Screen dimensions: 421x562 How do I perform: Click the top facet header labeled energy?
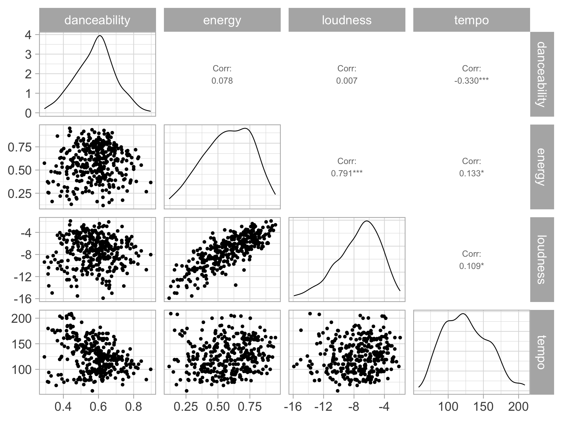click(222, 20)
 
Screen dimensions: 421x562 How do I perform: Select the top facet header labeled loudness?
click(347, 20)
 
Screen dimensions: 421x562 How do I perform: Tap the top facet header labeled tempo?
click(472, 20)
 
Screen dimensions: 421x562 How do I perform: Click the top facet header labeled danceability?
click(97, 20)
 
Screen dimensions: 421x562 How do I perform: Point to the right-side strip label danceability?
click(542, 74)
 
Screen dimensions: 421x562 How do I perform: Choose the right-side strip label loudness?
click(542, 259)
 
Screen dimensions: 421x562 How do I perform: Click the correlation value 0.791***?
click(347, 173)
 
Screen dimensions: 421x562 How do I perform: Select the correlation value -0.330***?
click(472, 81)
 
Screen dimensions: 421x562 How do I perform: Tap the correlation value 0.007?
click(347, 81)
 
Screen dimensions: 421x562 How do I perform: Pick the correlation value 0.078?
click(222, 81)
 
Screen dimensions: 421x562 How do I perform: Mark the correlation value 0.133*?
click(472, 173)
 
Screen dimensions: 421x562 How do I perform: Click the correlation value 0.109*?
click(472, 266)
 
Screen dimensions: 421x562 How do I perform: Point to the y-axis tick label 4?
click(28, 34)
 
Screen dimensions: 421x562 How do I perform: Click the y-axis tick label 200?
click(21, 318)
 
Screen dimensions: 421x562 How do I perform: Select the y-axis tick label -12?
click(23, 277)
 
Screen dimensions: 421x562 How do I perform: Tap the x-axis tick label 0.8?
click(133, 407)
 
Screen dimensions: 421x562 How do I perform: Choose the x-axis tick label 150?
click(483, 407)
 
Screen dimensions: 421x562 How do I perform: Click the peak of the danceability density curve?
click(100, 36)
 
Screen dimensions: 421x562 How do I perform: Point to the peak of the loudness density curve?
click(367, 221)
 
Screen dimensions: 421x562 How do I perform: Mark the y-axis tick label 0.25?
click(19, 193)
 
